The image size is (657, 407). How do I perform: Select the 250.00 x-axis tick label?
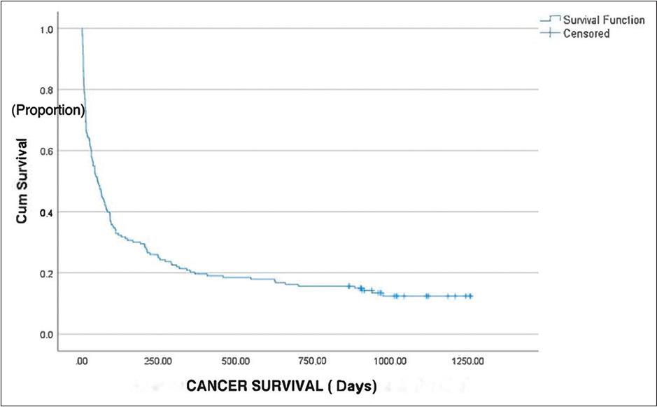(158, 361)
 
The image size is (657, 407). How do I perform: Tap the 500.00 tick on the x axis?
(236, 361)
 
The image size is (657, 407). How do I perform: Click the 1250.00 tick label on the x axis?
(467, 361)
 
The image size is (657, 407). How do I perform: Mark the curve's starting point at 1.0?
(82, 29)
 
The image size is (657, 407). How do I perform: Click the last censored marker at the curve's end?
(470, 296)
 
